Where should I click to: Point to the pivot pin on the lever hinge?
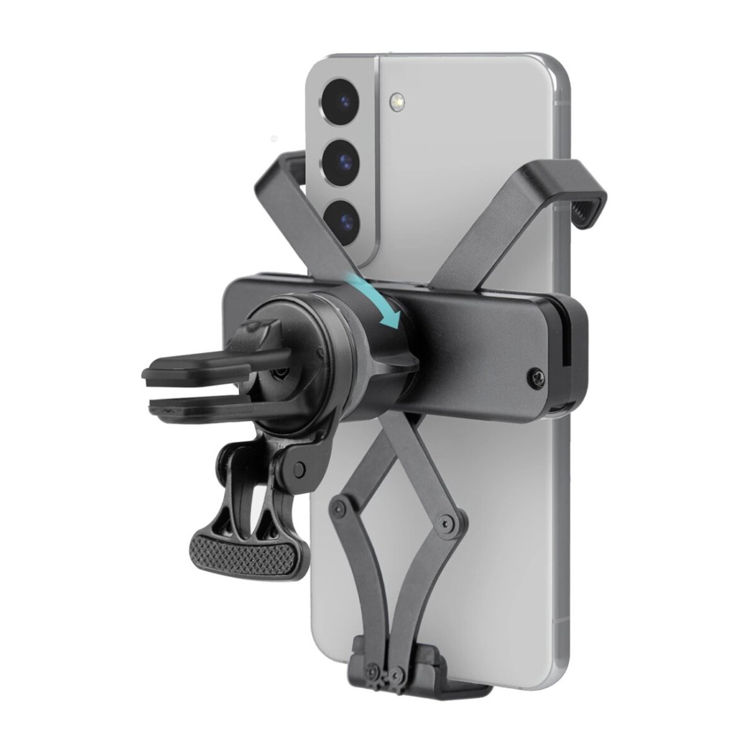(301, 467)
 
